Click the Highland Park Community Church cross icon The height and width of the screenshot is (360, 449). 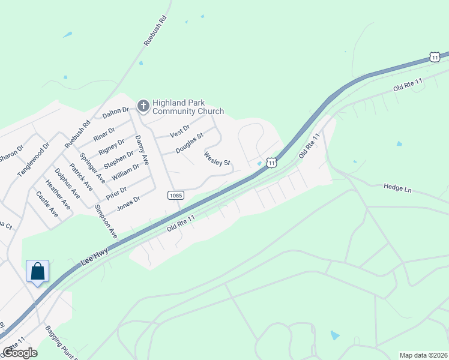143,106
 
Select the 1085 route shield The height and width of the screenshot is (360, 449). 175,195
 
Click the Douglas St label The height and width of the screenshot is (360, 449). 190,143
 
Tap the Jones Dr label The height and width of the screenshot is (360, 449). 128,202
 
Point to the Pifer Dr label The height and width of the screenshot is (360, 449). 116,193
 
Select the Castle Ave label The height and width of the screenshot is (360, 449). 46,204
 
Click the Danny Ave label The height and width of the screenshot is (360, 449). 142,151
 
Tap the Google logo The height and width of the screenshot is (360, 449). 20,352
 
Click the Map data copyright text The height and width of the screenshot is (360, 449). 423,355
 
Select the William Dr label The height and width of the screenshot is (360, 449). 125,176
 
